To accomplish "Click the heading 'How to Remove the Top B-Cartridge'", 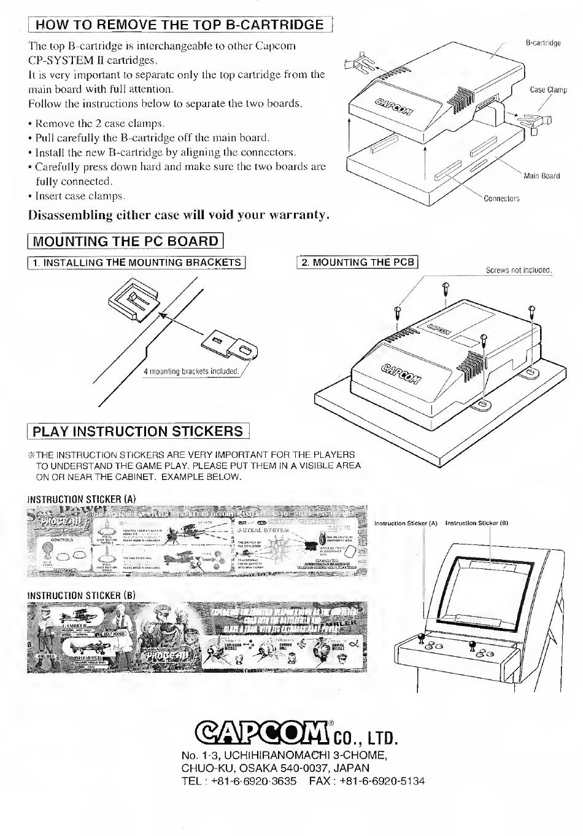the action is coord(179,25).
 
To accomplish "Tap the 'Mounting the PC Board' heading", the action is coord(125,241).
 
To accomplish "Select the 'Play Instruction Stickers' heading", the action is coord(138,431).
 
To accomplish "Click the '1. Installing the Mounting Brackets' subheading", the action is coord(136,263).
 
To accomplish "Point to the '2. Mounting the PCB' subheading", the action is coord(357,263).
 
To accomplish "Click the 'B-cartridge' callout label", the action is coord(543,44).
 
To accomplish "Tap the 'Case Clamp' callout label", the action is coord(548,90).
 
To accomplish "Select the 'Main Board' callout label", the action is coord(541,176).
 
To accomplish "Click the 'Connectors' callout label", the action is coord(501,198).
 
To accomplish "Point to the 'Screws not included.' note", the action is coord(519,271).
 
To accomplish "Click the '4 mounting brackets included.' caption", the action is coord(191,371).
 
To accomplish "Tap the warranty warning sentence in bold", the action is coord(179,215).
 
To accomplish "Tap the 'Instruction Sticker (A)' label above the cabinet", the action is coord(406,524).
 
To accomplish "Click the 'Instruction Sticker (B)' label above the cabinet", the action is coord(477,524).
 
